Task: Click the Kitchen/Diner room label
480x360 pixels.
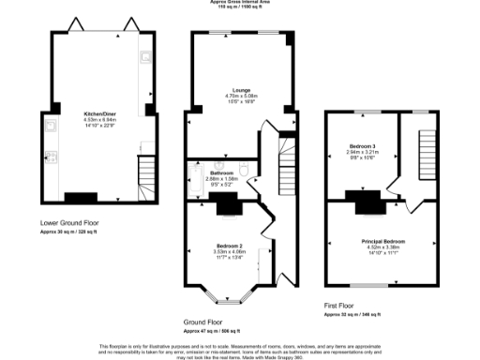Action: coord(98,112)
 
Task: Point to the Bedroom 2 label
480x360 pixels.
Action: coord(230,246)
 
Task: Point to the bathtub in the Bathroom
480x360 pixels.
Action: coord(196,180)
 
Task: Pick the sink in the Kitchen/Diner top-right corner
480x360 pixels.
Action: coord(144,58)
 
